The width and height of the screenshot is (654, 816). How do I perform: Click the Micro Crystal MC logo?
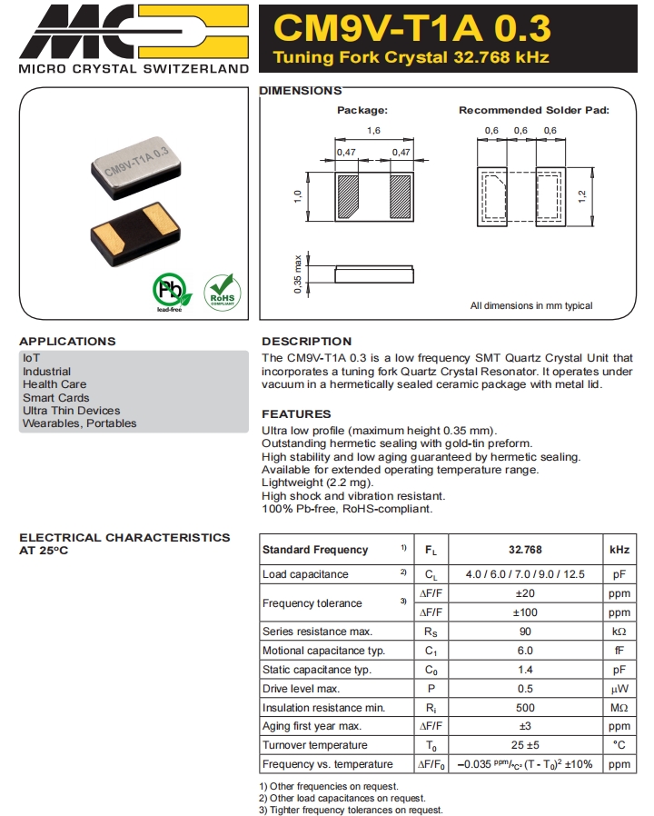tap(133, 31)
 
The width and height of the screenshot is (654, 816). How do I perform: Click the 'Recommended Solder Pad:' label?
tap(533, 110)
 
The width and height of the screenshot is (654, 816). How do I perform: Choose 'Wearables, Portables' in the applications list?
tap(80, 423)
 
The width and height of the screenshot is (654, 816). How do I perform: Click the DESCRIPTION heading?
tap(306, 341)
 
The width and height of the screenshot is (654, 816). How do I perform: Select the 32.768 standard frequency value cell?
tap(525, 550)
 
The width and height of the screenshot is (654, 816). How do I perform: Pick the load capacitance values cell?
tap(525, 574)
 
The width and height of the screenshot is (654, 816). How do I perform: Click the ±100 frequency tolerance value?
tap(525, 612)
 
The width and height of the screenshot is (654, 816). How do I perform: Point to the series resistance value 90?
tap(525, 632)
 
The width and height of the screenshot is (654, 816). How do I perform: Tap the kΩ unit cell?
tap(619, 632)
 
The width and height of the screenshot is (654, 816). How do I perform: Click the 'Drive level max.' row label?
tap(301, 689)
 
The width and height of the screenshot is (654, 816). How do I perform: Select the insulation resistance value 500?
tap(525, 708)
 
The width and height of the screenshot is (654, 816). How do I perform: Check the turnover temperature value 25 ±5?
tap(525, 745)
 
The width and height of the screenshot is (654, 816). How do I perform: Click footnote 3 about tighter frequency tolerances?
tap(351, 810)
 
